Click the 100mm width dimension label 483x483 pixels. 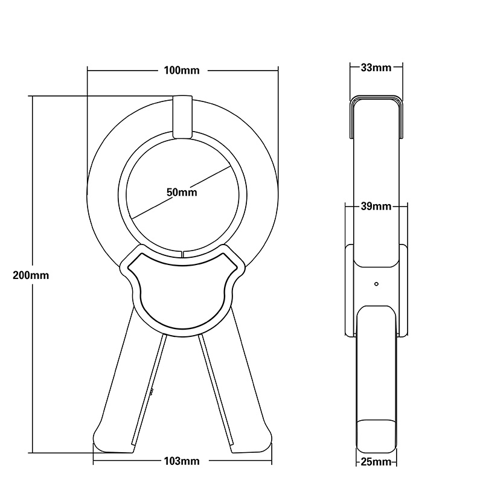click(x=182, y=71)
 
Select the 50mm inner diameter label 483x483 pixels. click(x=182, y=193)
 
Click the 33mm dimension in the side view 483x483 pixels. click(x=375, y=68)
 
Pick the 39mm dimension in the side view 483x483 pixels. click(x=375, y=207)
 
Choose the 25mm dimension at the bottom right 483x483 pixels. click(x=375, y=462)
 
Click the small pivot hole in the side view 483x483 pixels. click(x=376, y=283)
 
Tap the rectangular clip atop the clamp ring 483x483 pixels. click(x=182, y=116)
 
